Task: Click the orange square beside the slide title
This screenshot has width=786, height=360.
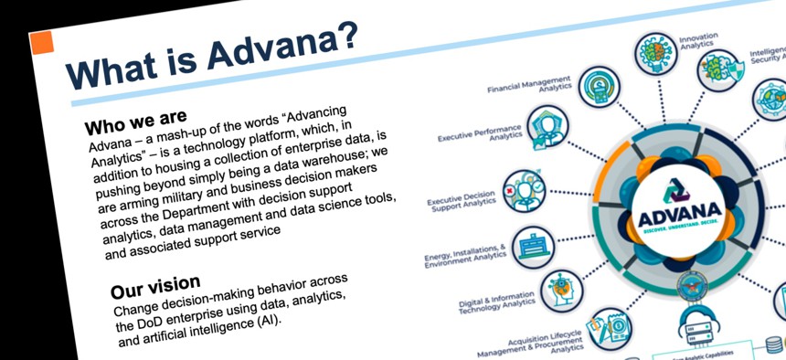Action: click(41, 42)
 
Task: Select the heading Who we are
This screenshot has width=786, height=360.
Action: click(135, 121)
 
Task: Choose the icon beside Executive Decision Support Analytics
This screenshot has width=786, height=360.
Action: click(522, 188)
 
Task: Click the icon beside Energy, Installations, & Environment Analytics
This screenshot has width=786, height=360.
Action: click(533, 246)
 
